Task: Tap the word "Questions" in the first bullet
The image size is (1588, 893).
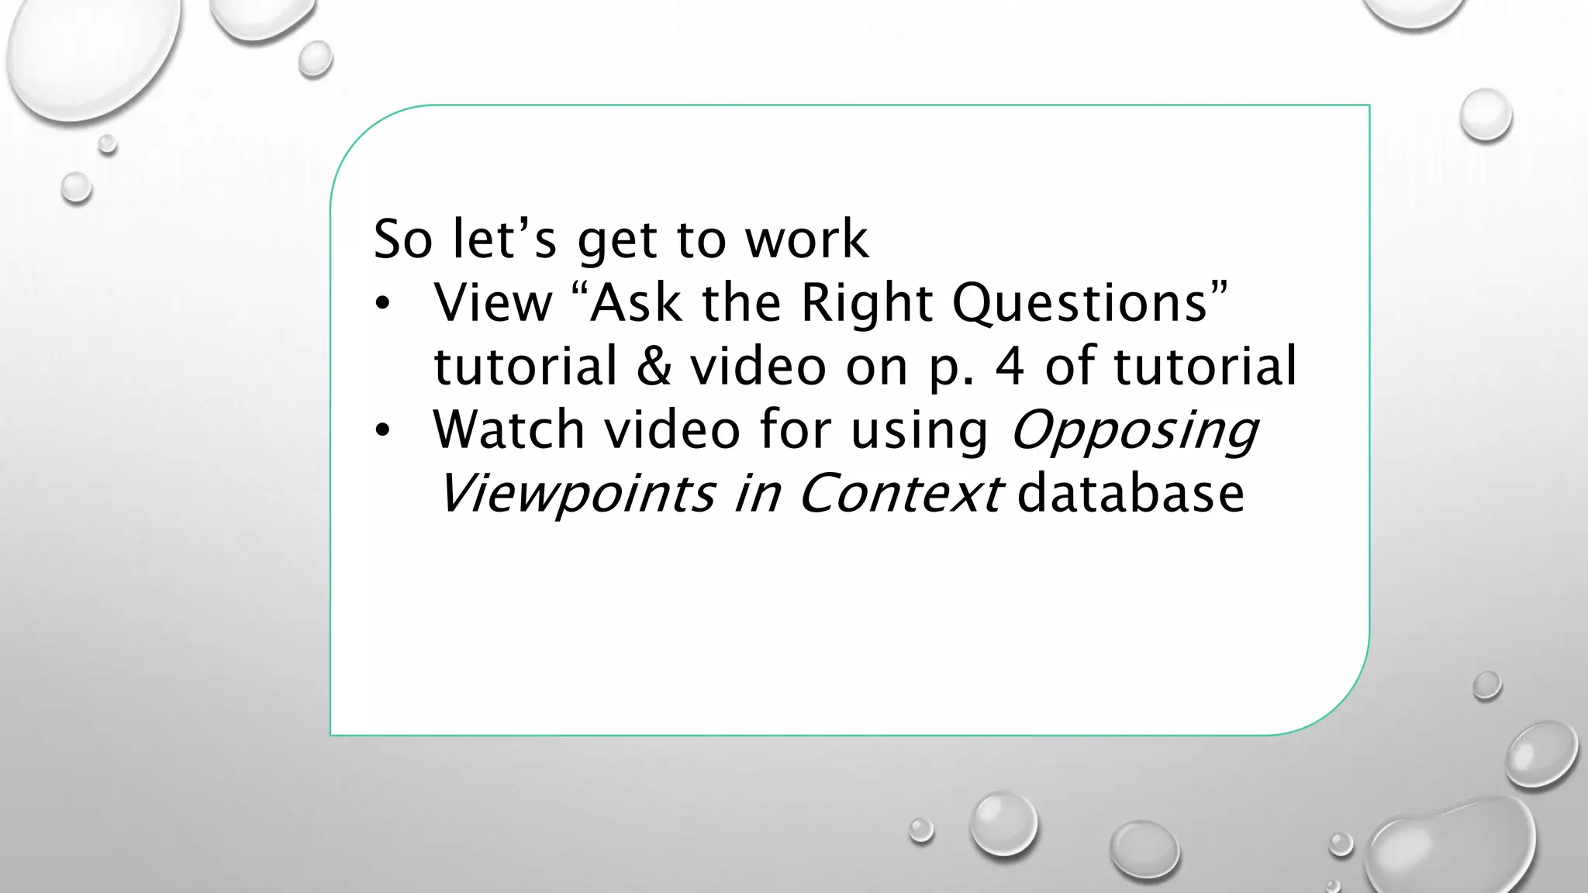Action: coord(1079,303)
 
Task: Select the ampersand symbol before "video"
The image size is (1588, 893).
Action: coord(654,367)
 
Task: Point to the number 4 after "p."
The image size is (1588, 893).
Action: coord(1009,367)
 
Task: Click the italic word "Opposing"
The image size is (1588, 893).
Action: coord(1134,431)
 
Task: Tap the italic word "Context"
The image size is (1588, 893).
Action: coord(899,495)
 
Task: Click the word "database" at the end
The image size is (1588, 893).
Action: coord(1131,495)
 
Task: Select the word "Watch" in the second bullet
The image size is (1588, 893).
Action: coord(509,430)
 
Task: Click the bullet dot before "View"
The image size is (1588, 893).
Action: coord(381,304)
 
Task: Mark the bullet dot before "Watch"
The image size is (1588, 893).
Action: coord(381,431)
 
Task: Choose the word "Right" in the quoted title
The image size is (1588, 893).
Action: coord(866,303)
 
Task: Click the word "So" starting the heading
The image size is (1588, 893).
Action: coord(402,240)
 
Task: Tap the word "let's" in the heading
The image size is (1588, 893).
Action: coord(504,240)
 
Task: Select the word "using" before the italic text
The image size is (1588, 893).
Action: coord(920,431)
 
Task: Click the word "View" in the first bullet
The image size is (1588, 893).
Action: coord(493,303)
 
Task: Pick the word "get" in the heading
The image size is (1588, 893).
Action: coord(617,241)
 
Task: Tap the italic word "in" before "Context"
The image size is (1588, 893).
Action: coord(756,495)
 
